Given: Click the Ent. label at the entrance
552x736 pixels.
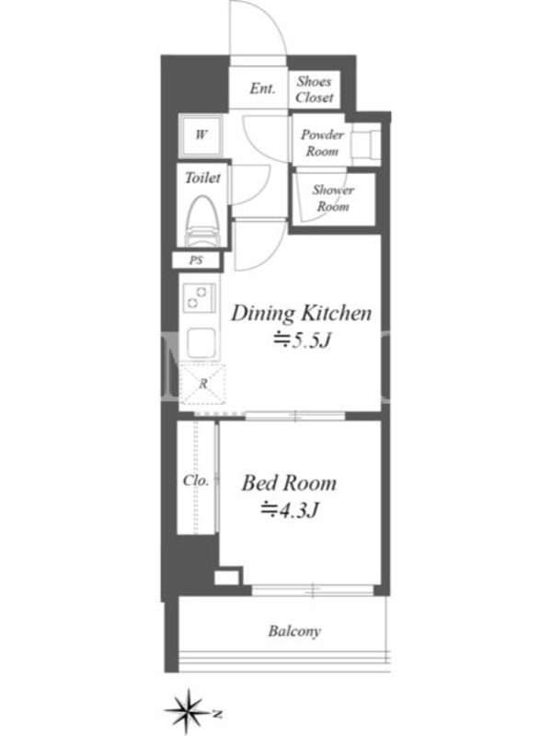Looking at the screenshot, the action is tap(262, 88).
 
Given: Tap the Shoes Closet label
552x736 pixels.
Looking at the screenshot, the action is tap(315, 89).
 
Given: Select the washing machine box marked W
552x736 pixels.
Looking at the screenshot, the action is tap(201, 136).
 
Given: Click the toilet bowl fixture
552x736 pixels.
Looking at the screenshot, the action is tap(202, 221).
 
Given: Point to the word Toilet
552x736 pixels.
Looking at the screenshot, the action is tap(202, 178).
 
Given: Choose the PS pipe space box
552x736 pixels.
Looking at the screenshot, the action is tap(196, 259).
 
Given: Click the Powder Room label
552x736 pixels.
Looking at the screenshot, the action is tap(322, 143).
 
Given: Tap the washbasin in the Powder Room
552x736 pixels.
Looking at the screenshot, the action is tap(366, 144).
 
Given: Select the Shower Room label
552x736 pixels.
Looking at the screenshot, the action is tap(333, 198).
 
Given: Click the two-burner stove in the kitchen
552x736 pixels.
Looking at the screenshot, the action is tap(200, 298).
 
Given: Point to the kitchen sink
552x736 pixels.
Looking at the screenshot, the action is tap(201, 343).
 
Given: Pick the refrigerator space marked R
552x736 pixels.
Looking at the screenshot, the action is tap(202, 384).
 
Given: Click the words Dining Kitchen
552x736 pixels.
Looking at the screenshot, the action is tap(302, 314).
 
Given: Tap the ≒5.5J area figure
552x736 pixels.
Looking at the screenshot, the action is tap(303, 339).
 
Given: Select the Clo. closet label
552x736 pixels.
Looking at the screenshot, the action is tap(196, 480).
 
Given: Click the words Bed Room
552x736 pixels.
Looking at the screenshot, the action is tap(289, 484).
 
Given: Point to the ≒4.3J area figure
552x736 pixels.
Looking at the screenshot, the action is tap(291, 510).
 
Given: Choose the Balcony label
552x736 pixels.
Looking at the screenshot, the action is tap(294, 631).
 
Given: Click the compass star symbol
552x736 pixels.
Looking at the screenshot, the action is tap(188, 712).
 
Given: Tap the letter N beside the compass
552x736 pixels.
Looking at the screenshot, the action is tap(217, 715).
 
